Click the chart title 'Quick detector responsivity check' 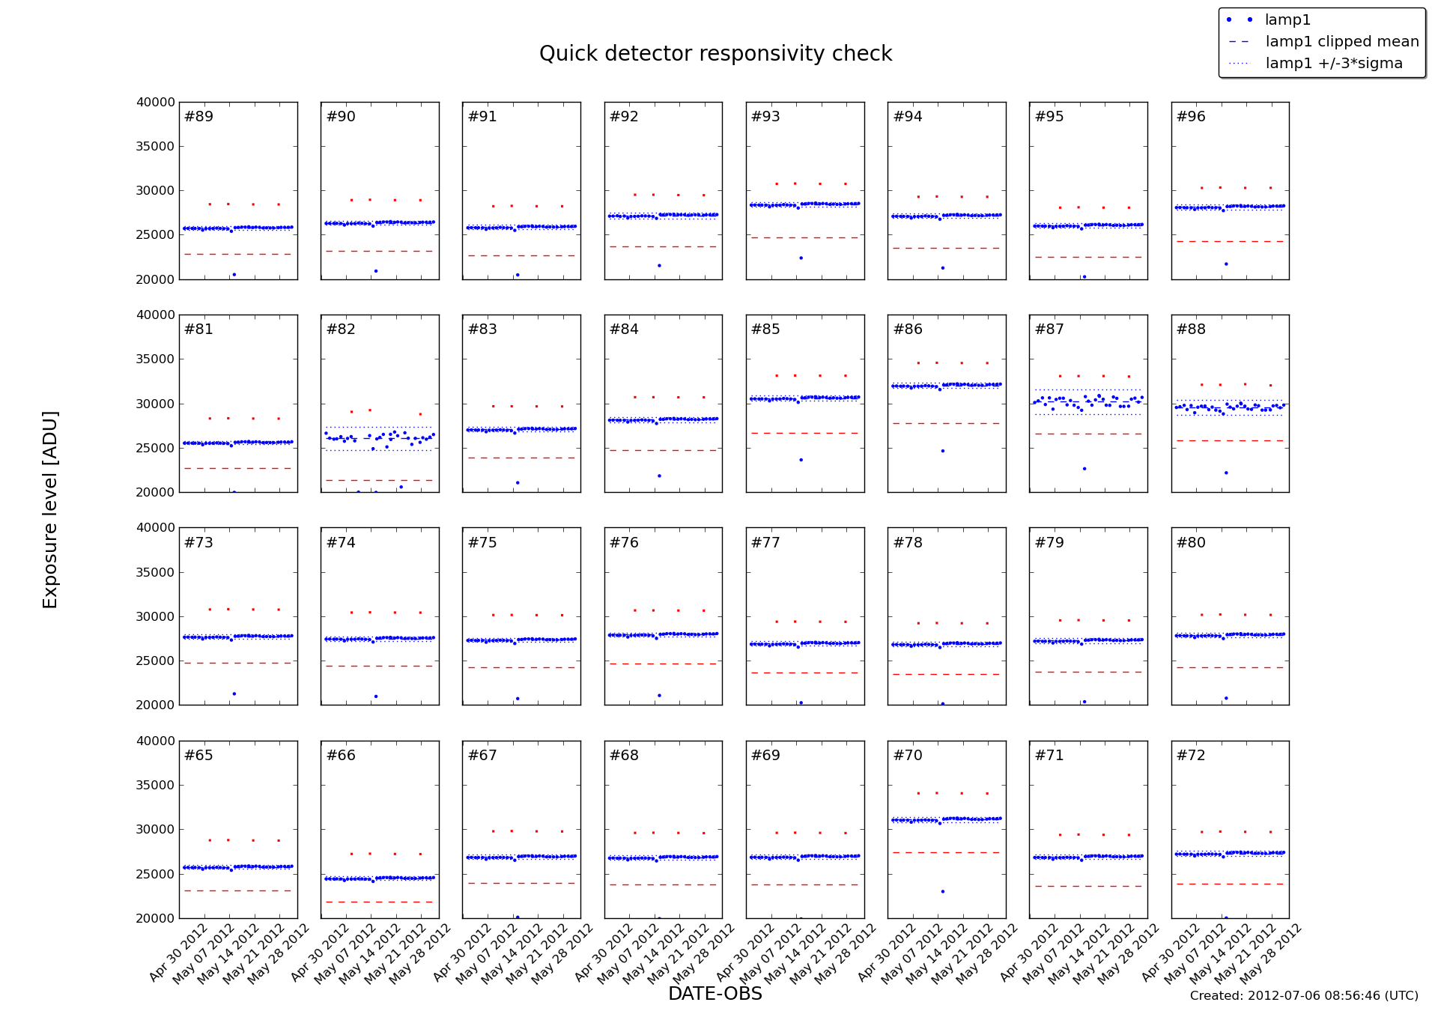click(715, 54)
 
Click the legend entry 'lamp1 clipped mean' click(1341, 42)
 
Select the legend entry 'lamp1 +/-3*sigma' click(1333, 64)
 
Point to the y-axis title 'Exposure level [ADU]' click(50, 509)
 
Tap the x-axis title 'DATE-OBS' click(715, 994)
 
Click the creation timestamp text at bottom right click(1303, 996)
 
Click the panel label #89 click(198, 117)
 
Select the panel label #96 click(1191, 117)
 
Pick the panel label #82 click(341, 330)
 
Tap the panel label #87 click(1049, 330)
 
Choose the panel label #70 click(908, 756)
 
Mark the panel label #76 click(624, 543)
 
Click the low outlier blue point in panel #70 click(942, 891)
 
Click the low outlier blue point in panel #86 click(942, 451)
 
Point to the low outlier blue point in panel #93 click(801, 258)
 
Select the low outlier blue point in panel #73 click(234, 693)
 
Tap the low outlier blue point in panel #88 click(1226, 473)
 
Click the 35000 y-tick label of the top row click(155, 147)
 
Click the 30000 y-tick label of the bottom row click(155, 830)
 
